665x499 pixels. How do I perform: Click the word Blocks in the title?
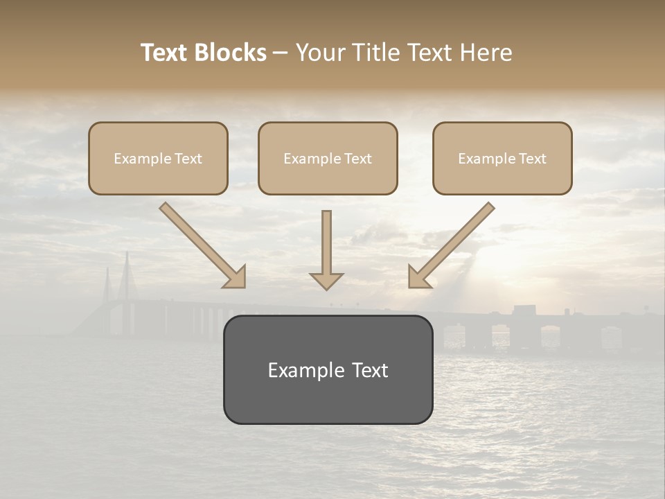coord(231,53)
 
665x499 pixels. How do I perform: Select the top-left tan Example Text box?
coord(158,158)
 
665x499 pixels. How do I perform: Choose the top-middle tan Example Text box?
coord(328,158)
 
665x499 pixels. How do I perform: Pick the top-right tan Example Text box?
coord(502,158)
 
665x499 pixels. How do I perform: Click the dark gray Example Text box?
coord(328,369)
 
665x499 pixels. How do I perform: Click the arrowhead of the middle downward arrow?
coord(326,280)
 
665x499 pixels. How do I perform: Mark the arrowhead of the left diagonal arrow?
coord(236,277)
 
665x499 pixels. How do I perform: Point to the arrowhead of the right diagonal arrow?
coord(419,277)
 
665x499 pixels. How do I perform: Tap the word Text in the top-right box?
coord(532,159)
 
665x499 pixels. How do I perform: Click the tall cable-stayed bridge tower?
coord(127,277)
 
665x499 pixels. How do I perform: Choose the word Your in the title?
coord(318,53)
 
